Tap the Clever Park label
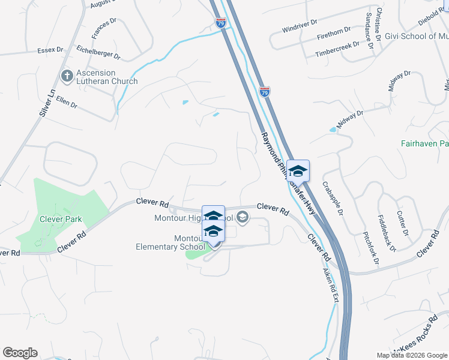[x=60, y=219]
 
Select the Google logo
[x=20, y=353]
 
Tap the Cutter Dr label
[x=402, y=223]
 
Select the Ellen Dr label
[x=67, y=101]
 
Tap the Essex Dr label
[x=50, y=49]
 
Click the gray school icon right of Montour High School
[x=243, y=217]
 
